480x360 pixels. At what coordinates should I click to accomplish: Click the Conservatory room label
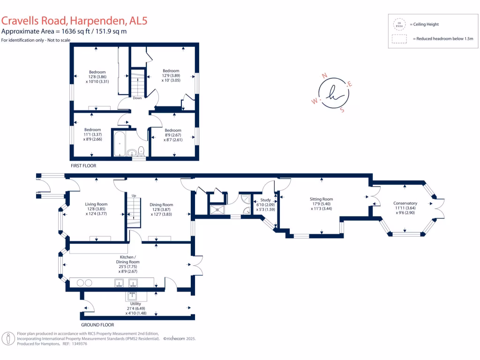click(x=405, y=203)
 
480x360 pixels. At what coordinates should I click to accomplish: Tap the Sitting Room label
click(x=322, y=199)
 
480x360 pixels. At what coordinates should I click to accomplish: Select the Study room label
click(x=266, y=200)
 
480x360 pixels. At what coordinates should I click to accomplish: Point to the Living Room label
click(x=96, y=204)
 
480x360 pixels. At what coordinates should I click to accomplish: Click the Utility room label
click(x=135, y=304)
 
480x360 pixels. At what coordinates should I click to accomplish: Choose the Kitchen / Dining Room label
click(x=128, y=257)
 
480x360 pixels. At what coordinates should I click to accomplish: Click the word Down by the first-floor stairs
click(x=137, y=98)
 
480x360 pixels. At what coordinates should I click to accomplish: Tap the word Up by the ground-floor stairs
click(x=134, y=195)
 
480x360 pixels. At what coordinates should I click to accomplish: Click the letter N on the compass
click(x=323, y=75)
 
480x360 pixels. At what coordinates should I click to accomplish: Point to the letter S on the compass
click(x=342, y=111)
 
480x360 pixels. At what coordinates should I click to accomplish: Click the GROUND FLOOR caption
click(x=97, y=324)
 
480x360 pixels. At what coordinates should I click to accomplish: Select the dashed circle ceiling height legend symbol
click(x=399, y=24)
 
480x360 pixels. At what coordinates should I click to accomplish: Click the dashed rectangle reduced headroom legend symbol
click(x=399, y=39)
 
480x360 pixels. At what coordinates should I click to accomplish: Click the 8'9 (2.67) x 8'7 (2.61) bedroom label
click(x=172, y=135)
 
